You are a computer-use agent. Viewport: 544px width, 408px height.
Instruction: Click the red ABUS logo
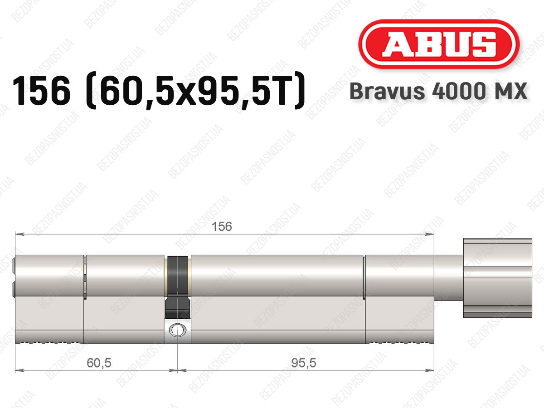(x=439, y=44)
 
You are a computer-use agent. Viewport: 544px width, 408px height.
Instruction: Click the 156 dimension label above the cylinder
(x=222, y=226)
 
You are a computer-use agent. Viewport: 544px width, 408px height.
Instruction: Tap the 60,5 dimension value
(x=99, y=363)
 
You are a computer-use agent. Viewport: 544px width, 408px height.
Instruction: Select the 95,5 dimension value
(x=304, y=363)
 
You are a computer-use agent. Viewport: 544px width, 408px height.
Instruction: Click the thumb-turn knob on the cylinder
(x=498, y=278)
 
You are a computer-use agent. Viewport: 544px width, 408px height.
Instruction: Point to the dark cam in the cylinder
(x=177, y=287)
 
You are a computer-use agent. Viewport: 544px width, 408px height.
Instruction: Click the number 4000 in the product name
(x=458, y=91)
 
